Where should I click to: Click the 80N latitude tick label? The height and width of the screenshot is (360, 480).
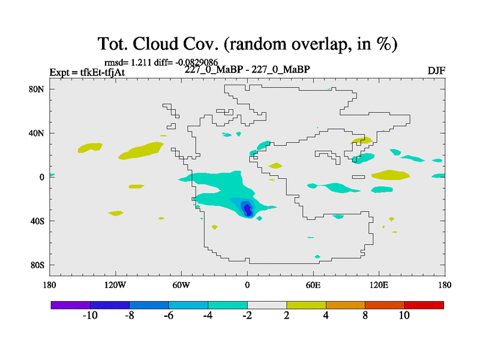click(37, 89)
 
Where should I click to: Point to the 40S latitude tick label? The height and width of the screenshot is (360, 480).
click(37, 221)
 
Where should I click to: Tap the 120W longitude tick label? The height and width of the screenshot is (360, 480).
click(115, 286)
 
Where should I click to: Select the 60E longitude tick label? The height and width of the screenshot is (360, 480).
click(313, 286)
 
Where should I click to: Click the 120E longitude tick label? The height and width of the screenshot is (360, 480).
click(379, 286)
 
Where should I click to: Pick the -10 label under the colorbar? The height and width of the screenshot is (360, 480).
click(90, 316)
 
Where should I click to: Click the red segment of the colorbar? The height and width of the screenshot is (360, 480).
click(424, 305)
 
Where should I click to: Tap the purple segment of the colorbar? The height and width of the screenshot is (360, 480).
click(71, 305)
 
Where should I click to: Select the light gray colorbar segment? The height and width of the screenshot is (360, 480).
click(267, 305)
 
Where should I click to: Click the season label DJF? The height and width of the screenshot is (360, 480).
click(436, 71)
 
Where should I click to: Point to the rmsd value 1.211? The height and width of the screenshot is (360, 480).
click(141, 62)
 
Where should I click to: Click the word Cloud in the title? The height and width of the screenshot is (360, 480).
click(155, 44)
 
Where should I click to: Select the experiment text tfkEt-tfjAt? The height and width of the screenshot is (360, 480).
click(102, 72)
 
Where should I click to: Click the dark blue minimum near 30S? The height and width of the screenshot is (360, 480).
click(248, 209)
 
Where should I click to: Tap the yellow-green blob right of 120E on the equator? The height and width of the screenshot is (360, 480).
click(391, 175)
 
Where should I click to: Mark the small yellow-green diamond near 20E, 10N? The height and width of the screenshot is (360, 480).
click(275, 166)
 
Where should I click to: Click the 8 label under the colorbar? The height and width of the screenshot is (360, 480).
click(365, 316)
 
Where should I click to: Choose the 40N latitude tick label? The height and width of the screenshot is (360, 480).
click(37, 133)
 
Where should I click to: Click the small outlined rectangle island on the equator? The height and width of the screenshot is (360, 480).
click(358, 177)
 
